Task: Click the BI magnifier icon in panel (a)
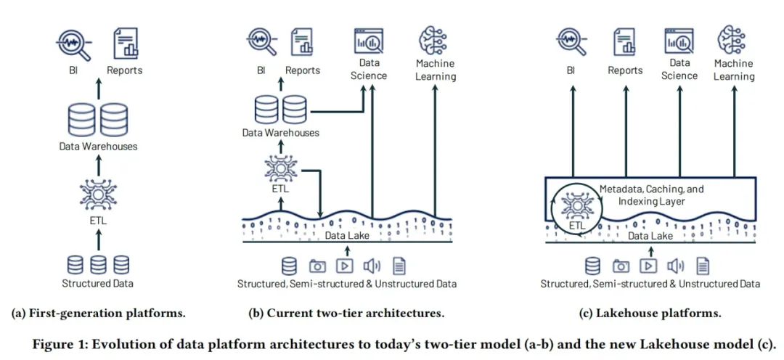(73, 44)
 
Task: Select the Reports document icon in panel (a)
(125, 44)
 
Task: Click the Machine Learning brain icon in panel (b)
(436, 40)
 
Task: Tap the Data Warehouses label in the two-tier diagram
(281, 133)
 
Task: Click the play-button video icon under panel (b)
(345, 266)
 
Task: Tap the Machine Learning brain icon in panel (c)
(732, 40)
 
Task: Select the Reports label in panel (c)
(625, 70)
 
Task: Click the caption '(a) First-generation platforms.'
(99, 314)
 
